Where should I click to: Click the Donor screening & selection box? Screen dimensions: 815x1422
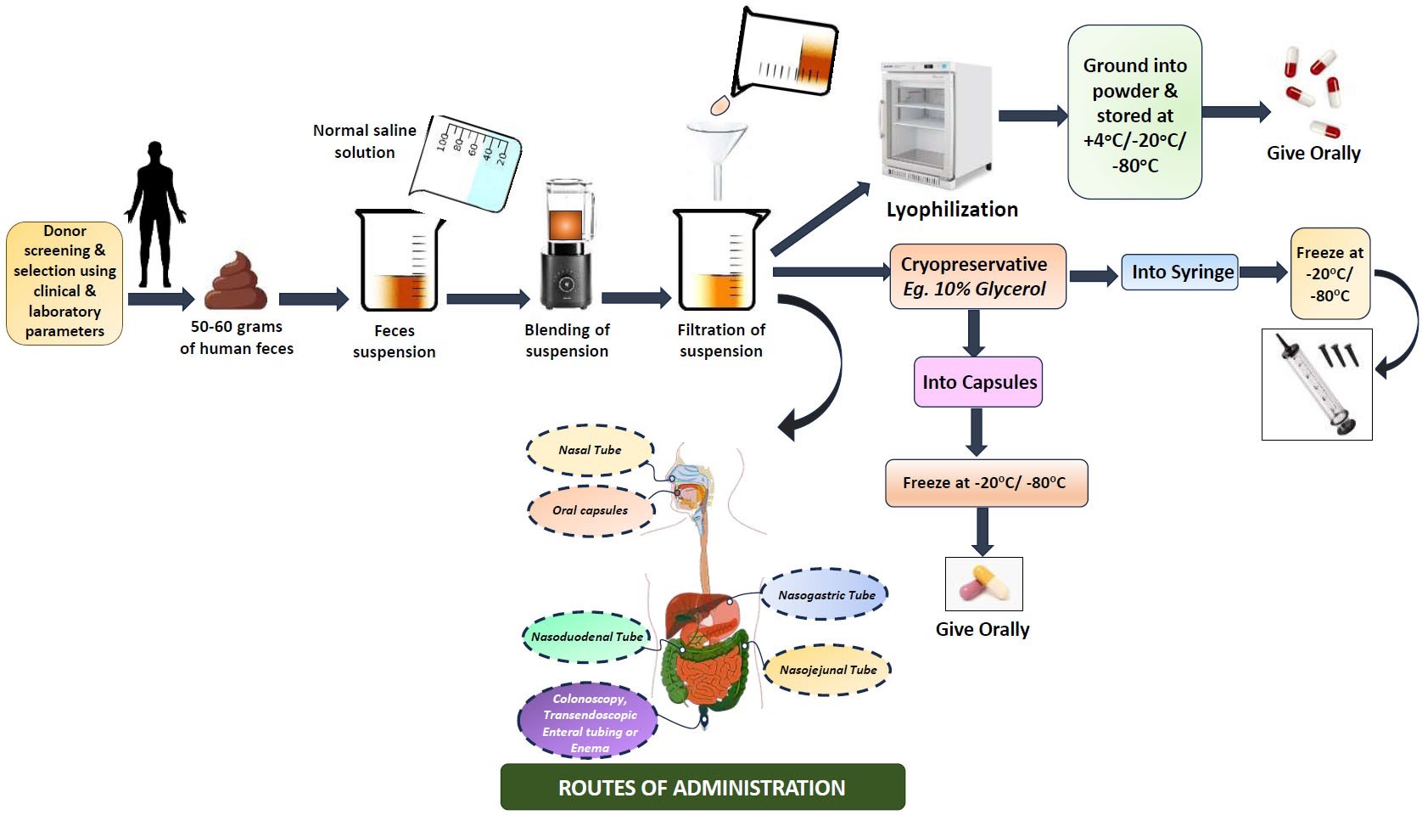click(64, 282)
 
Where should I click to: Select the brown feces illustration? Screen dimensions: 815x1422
click(237, 282)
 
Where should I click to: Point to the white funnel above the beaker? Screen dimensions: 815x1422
click(717, 153)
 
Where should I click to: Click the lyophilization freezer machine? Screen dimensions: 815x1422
click(932, 126)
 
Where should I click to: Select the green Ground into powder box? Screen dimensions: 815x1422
click(1134, 113)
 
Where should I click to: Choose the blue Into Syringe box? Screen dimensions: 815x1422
click(1180, 273)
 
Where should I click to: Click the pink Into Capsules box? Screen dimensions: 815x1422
click(977, 382)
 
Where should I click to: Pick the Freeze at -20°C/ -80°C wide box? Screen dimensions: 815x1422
click(985, 483)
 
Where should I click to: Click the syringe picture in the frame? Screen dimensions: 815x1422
click(1316, 385)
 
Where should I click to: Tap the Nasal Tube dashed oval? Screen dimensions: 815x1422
click(591, 450)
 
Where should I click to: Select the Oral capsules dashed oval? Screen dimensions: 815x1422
click(591, 510)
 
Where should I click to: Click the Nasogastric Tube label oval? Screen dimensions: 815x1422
click(826, 595)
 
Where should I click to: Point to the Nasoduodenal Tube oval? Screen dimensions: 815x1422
click(586, 637)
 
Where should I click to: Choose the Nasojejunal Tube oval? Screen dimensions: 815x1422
click(827, 670)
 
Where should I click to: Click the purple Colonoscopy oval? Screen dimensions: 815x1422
click(589, 722)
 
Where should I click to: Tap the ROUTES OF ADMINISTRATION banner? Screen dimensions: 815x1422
click(702, 787)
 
